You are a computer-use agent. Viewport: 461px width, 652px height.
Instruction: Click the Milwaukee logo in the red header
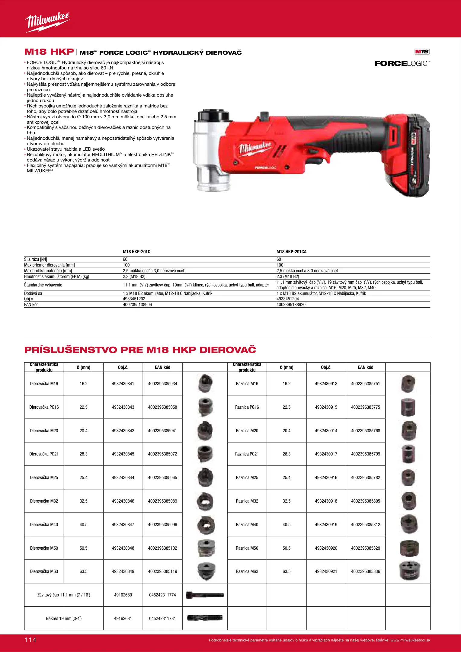48,22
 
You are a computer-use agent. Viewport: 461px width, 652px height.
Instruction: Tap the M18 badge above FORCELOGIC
422,52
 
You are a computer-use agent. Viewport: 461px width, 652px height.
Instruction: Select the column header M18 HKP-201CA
291,252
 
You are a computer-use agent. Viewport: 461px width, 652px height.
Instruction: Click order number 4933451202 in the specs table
134,299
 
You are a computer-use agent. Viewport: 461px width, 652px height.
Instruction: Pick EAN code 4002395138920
291,305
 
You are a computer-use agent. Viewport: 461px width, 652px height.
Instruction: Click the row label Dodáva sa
33,293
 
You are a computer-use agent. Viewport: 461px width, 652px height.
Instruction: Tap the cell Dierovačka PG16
44,407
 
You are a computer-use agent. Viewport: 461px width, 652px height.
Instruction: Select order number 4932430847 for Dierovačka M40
123,525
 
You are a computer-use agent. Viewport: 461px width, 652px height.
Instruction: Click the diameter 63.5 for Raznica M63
287,571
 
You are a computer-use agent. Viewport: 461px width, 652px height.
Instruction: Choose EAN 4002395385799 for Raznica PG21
366,454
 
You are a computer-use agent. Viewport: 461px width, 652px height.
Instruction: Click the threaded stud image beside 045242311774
205,595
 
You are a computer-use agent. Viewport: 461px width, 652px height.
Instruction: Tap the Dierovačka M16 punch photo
205,383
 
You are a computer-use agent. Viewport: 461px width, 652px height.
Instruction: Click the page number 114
30,640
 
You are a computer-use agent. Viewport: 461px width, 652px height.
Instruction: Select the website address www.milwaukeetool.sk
410,640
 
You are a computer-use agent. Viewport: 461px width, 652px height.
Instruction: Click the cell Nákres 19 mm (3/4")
64,618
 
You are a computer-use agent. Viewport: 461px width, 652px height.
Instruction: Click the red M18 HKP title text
49,52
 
